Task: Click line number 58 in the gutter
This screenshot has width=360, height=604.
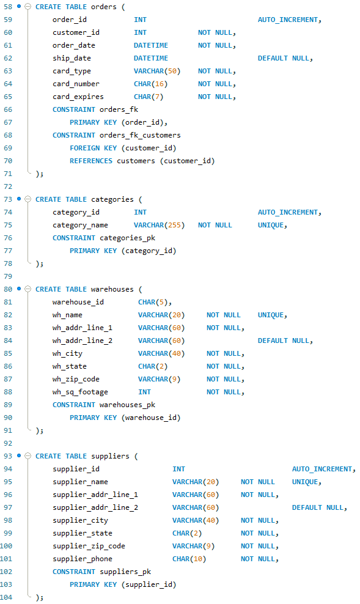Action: (x=8, y=7)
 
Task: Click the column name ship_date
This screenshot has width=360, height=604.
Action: (x=72, y=58)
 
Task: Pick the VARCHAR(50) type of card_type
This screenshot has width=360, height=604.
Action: (x=157, y=71)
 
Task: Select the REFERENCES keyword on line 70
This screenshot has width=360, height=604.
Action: (x=91, y=161)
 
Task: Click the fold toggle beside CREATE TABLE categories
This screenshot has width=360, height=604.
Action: (x=28, y=199)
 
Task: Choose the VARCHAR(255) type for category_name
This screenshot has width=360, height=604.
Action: (x=159, y=225)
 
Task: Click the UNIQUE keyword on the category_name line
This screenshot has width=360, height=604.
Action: (x=271, y=225)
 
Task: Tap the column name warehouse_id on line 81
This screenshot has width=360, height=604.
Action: (x=78, y=302)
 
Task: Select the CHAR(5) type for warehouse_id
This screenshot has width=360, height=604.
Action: (x=155, y=302)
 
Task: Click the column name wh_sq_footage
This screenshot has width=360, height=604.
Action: (x=80, y=392)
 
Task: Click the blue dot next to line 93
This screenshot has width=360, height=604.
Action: (x=19, y=456)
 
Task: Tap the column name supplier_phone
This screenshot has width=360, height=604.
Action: (x=83, y=559)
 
